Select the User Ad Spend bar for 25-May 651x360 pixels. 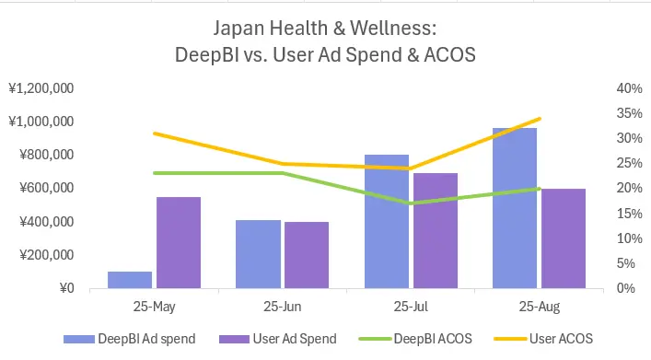coord(179,242)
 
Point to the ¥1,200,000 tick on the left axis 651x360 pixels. coord(41,88)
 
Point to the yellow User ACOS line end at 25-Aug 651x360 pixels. coord(540,119)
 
